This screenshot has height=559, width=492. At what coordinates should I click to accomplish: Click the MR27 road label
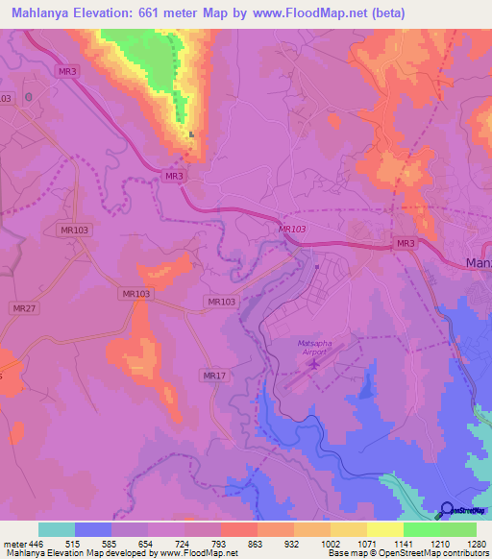point(24,307)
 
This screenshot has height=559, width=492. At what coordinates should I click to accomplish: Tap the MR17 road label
point(214,375)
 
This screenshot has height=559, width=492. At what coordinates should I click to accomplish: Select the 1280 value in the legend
point(477,544)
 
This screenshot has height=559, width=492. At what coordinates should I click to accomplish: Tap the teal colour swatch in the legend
point(57,529)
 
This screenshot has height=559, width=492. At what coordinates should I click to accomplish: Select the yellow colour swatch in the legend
point(385,529)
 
